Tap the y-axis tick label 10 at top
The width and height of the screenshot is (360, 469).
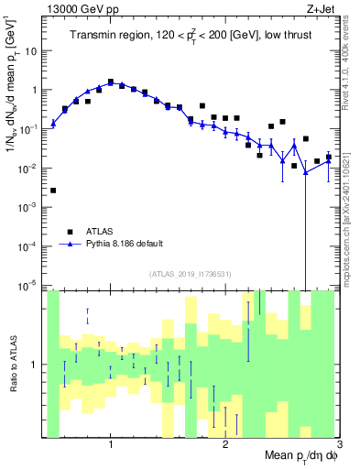32,51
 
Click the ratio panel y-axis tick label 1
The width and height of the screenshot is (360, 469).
37,365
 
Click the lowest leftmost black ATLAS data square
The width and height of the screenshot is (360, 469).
53,191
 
